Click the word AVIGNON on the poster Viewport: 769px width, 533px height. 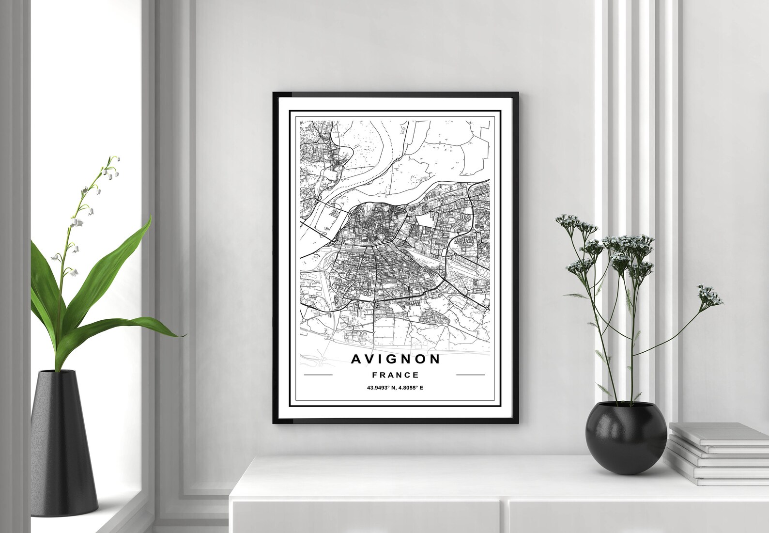pyautogui.click(x=396, y=359)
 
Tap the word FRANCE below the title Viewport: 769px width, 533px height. pyautogui.click(x=395, y=375)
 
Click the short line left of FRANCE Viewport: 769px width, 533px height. pyautogui.click(x=318, y=375)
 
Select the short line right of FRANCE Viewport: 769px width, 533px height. pyautogui.click(x=470, y=375)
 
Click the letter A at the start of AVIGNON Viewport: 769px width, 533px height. pyautogui.click(x=356, y=359)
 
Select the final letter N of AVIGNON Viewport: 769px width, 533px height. pyautogui.click(x=434, y=359)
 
